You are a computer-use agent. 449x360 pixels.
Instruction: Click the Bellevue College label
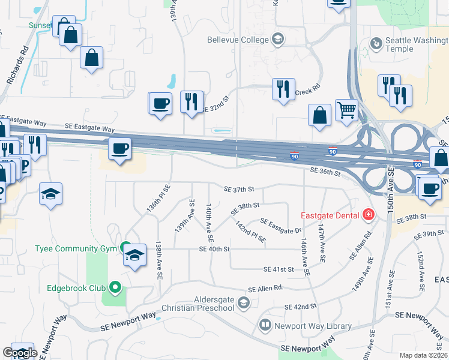[237, 40]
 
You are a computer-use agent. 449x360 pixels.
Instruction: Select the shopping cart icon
[346, 110]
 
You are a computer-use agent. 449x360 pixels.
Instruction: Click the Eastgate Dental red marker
[368, 215]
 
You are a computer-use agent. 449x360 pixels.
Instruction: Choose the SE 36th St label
[325, 172]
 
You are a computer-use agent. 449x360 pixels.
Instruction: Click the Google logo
[19, 352]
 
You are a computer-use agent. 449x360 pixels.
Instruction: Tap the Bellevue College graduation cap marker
[277, 40]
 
